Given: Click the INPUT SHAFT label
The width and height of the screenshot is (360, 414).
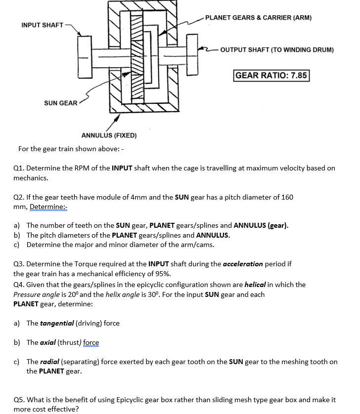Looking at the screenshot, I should (42, 25).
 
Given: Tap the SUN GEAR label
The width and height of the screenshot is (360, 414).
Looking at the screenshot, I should (60, 103).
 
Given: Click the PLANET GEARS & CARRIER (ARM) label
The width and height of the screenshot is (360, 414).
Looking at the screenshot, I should (258, 18).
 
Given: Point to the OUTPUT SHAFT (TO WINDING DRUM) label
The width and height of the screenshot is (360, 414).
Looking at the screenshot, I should (277, 50).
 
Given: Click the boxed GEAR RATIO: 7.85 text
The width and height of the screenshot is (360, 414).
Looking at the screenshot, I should (271, 76).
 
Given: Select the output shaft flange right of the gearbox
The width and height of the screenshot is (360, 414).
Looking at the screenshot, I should (192, 54).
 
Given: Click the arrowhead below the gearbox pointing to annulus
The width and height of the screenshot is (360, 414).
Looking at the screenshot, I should (116, 119).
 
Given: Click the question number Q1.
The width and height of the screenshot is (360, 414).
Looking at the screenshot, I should (18, 168).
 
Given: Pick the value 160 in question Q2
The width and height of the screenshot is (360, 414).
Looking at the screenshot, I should (287, 197).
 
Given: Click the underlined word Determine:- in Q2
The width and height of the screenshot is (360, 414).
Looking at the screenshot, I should (48, 207).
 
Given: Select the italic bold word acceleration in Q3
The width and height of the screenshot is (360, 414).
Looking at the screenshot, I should (242, 264).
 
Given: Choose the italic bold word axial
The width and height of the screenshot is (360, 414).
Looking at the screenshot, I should (47, 342).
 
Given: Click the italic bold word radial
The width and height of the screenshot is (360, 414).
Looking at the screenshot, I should (49, 362).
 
